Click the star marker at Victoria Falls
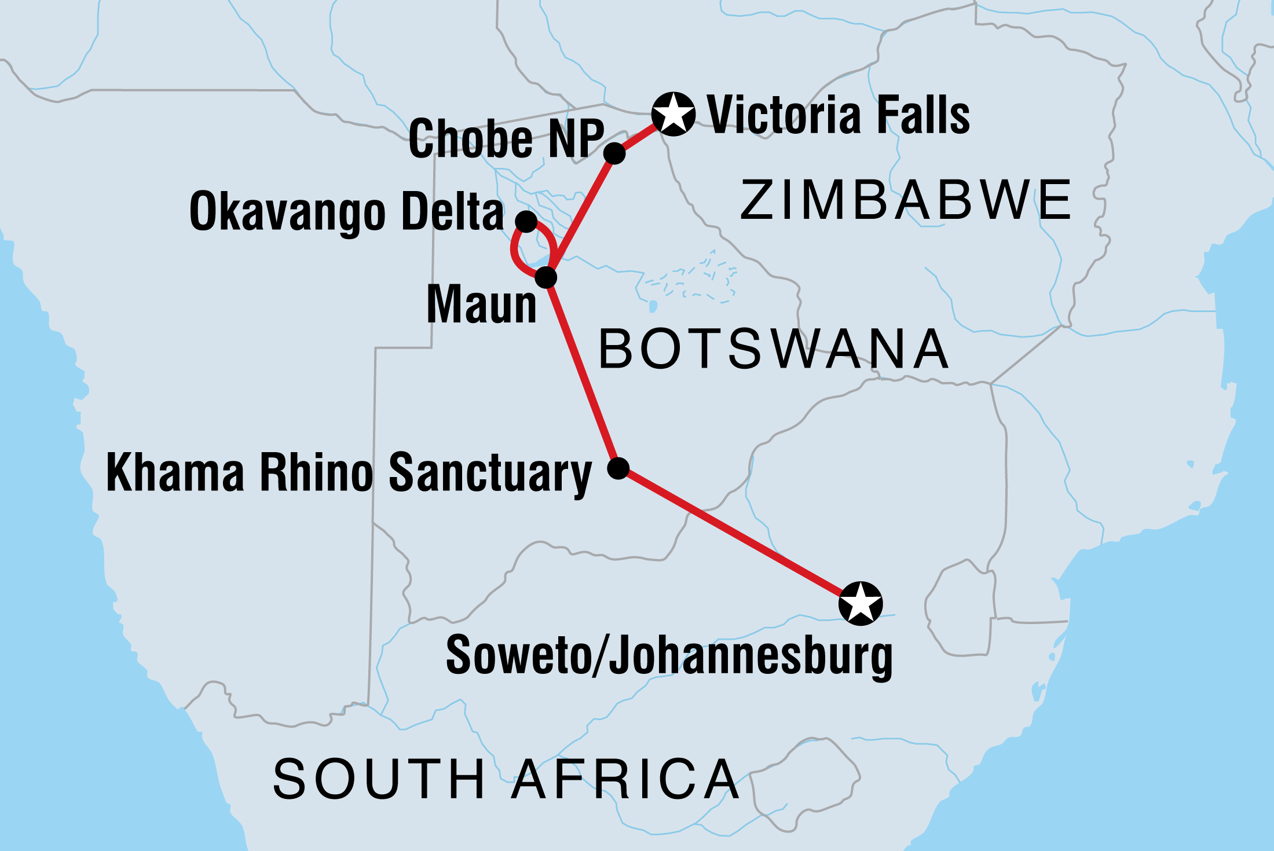coord(673,114)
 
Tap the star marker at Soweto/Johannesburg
coord(861,603)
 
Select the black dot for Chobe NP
coord(614,153)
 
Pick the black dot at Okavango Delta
coord(526,221)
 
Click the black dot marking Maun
coord(546,277)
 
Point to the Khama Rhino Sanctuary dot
coord(618,468)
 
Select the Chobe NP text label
coord(506,138)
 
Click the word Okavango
coord(287,212)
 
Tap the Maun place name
coord(481,305)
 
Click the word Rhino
coord(317,473)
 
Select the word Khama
coord(175,473)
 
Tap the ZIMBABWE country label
coord(906,200)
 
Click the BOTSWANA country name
coord(774,349)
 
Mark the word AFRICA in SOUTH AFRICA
coord(625,779)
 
